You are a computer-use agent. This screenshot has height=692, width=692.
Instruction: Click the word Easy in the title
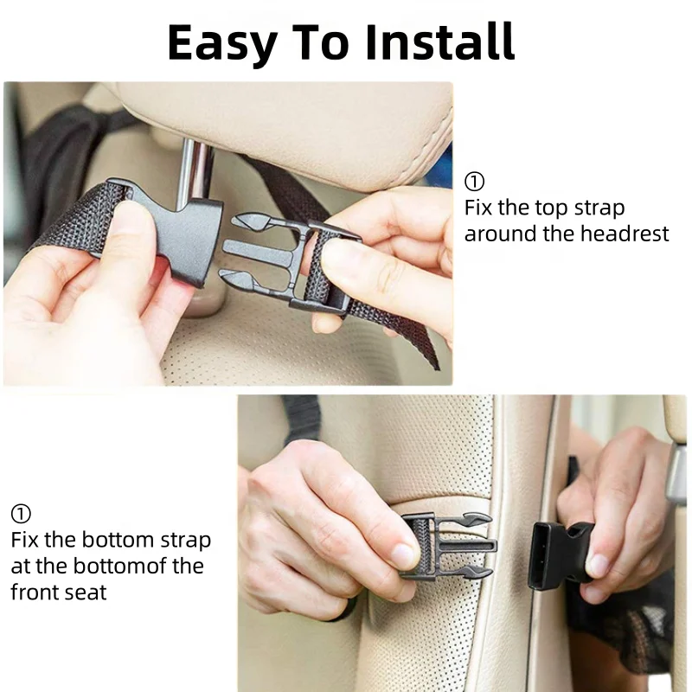pyautogui.click(x=222, y=43)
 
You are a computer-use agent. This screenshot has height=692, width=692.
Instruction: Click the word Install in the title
pyautogui.click(x=440, y=42)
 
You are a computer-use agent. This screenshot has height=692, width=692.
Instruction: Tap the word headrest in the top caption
pyautogui.click(x=625, y=234)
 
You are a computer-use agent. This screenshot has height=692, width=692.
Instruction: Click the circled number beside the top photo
pyautogui.click(x=474, y=182)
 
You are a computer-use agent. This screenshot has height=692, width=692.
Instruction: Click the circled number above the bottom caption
pyautogui.click(x=21, y=514)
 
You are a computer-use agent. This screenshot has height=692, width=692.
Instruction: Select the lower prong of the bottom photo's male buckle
pyautogui.click(x=474, y=572)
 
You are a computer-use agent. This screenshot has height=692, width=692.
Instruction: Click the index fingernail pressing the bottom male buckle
pyautogui.click(x=404, y=554)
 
